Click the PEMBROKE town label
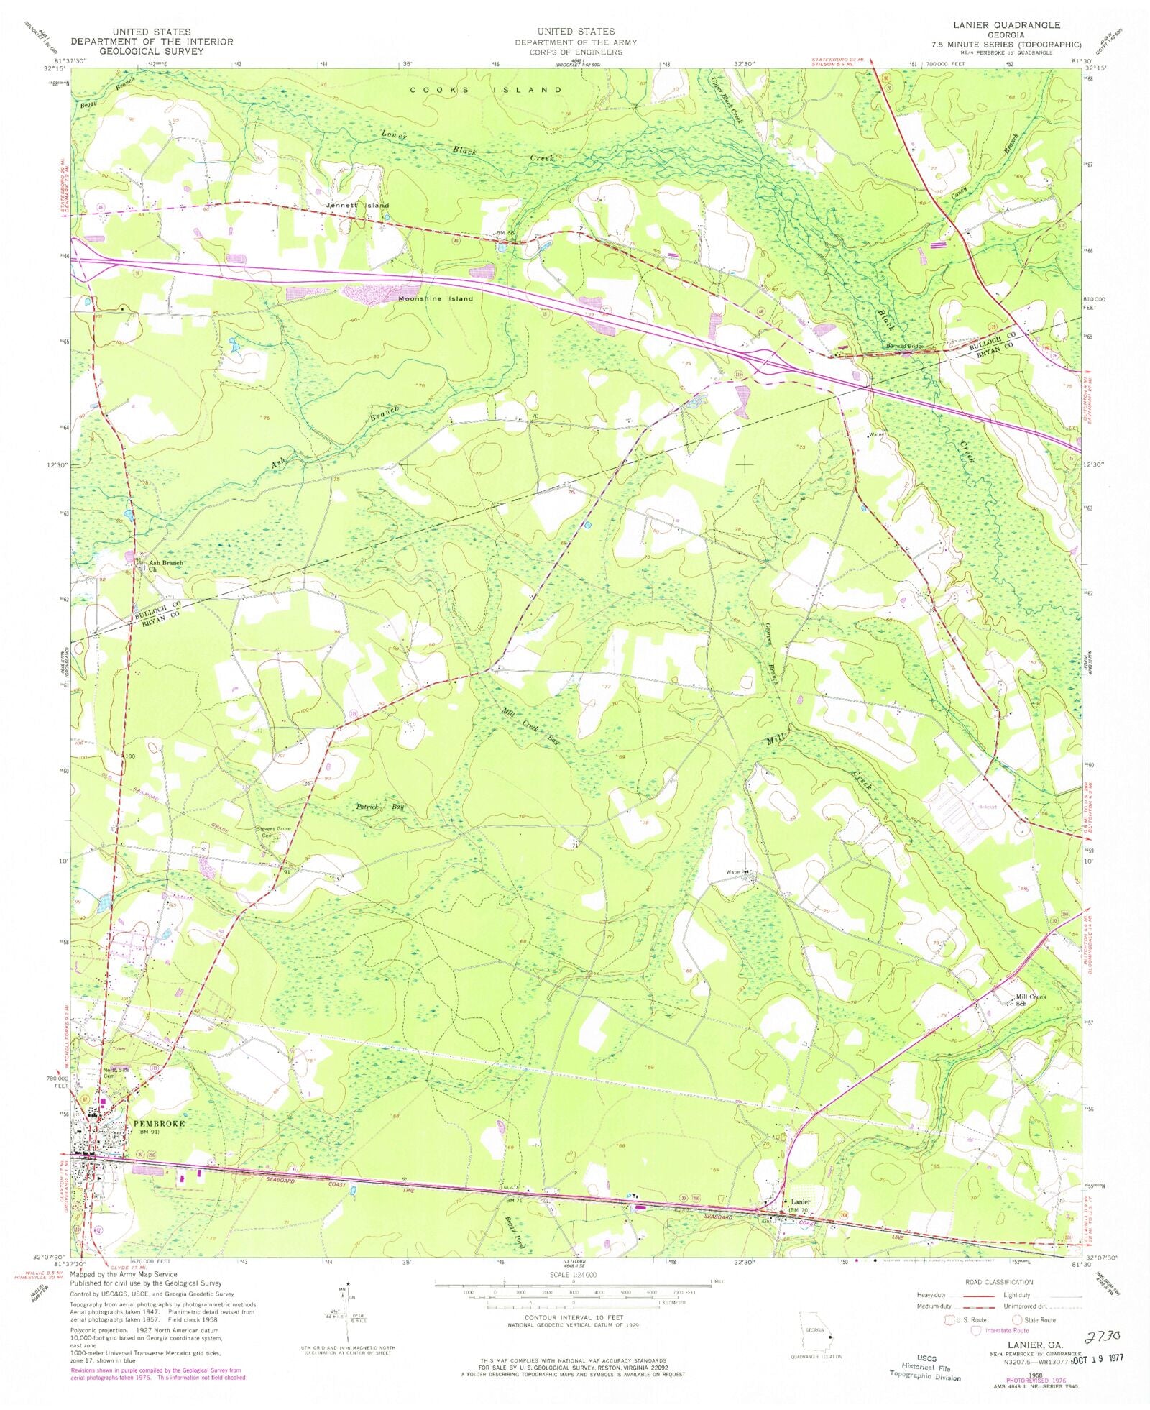point(159,1123)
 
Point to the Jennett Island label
point(357,205)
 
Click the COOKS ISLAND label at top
point(486,90)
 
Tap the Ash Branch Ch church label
point(165,566)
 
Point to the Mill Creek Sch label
point(1031,999)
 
